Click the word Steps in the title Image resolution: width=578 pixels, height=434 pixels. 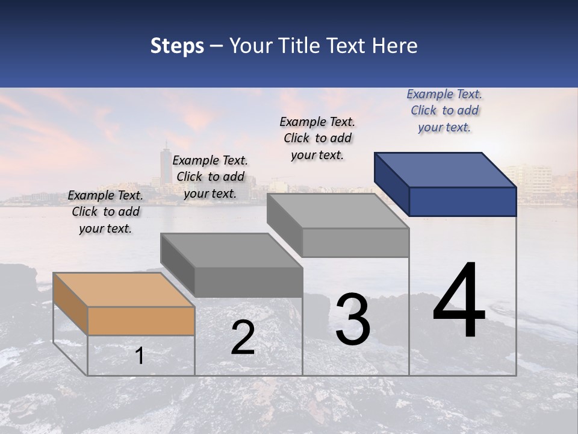coord(177,46)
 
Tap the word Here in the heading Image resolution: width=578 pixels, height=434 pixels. coord(395,46)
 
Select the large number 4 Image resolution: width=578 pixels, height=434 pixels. coord(459,301)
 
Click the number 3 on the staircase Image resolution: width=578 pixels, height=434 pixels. coord(353,319)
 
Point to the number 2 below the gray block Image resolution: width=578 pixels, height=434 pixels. coord(243,338)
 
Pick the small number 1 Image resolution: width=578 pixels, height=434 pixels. coord(139,356)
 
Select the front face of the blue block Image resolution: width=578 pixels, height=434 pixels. coord(462,201)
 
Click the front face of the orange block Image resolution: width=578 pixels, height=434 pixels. coord(141,321)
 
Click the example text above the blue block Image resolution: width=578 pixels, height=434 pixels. coord(444,110)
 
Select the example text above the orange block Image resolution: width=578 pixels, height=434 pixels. coord(105,212)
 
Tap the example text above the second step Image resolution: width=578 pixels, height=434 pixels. coord(210,177)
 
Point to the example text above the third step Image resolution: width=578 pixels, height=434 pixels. coord(317,138)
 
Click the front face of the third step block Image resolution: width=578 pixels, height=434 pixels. coord(355,242)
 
